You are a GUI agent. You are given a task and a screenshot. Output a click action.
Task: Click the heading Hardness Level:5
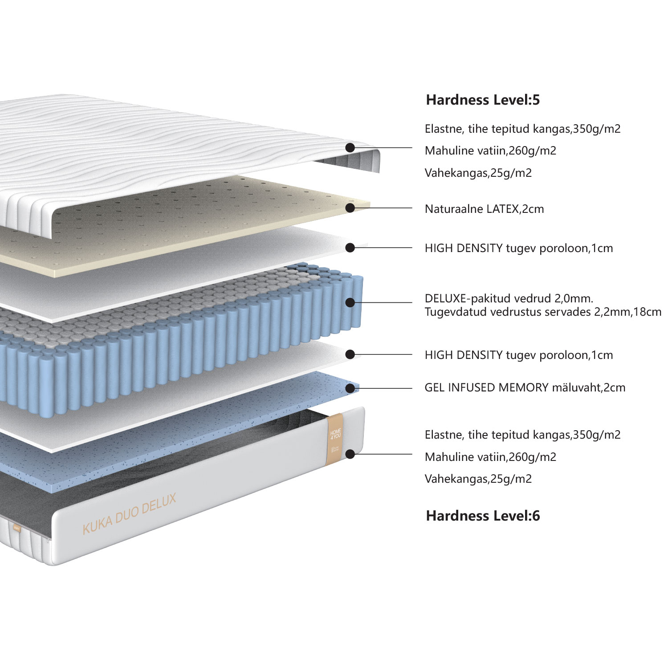point(483,100)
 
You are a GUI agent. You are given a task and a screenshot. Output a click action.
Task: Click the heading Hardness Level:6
point(483,516)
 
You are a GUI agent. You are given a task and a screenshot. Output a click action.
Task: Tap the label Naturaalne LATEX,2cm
point(484,209)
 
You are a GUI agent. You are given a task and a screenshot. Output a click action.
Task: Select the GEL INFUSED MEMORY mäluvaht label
point(525,388)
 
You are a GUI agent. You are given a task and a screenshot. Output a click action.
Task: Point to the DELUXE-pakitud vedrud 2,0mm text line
point(509,298)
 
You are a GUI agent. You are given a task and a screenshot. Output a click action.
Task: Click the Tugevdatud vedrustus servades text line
point(542,312)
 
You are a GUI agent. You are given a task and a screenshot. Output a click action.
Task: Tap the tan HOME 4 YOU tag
point(335,439)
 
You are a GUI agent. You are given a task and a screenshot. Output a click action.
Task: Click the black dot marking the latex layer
point(350,208)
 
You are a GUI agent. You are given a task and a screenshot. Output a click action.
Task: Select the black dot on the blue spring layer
point(350,303)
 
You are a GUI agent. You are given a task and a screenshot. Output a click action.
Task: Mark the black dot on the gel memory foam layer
point(350,388)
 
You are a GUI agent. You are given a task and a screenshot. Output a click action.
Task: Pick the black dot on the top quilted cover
point(350,147)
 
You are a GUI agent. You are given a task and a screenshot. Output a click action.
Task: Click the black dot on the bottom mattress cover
point(350,454)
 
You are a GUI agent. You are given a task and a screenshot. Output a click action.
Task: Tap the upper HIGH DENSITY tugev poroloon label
point(518,248)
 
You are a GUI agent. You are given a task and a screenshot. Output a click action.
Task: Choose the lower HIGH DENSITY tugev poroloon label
point(518,355)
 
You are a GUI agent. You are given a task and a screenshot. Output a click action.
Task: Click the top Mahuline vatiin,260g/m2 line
point(490,151)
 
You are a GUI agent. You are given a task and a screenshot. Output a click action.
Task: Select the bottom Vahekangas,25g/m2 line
point(478,479)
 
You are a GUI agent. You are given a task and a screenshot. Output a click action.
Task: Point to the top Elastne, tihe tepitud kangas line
point(522,129)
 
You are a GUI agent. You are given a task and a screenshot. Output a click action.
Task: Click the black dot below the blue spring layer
point(350,354)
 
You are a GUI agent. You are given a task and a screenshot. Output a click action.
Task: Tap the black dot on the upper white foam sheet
point(350,248)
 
